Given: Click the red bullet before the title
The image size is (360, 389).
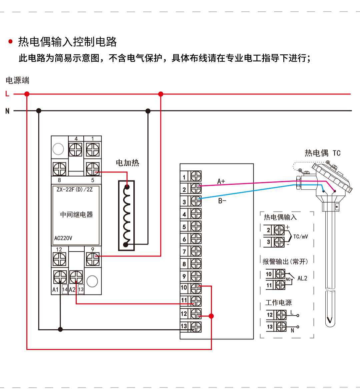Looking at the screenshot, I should [11, 42].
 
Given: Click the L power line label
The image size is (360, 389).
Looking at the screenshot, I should [7, 94].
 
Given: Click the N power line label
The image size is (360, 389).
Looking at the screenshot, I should [7, 111].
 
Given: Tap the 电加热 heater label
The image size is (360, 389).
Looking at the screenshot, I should [127, 163].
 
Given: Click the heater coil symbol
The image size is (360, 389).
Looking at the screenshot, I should [126, 216].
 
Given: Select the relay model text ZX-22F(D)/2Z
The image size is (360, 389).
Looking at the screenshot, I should [75, 189].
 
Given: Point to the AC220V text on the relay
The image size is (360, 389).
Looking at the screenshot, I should [63, 238].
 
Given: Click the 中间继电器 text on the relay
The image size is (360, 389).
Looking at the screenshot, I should [76, 215].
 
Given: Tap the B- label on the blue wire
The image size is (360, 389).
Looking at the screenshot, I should [222, 201].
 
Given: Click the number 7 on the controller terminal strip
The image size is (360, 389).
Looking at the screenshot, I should [184, 252].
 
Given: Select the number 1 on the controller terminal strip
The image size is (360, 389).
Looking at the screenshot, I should [184, 177].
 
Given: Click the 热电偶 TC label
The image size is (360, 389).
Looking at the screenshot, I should [322, 153].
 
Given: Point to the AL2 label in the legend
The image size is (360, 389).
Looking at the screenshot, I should [302, 278].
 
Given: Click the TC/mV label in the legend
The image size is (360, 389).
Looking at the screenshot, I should [300, 237].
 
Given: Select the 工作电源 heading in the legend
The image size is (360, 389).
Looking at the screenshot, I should [278, 303].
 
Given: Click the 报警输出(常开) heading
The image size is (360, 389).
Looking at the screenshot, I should [285, 262].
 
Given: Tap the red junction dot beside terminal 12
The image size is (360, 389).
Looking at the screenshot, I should [211, 316].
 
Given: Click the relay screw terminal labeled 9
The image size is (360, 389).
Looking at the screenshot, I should [93, 259].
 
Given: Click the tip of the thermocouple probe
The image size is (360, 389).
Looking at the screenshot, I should [330, 321].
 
